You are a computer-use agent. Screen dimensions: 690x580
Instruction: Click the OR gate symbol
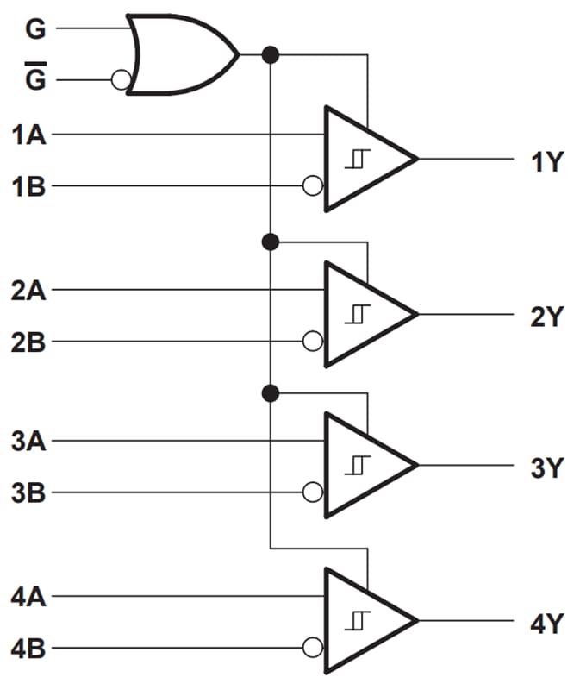coord(181,54)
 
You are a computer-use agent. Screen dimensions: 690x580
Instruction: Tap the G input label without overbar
coord(35,30)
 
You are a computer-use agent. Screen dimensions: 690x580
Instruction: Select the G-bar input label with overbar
coord(35,78)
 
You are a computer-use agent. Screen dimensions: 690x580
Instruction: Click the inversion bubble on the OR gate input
coord(121,80)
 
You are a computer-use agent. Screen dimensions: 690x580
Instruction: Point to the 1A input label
coord(29,135)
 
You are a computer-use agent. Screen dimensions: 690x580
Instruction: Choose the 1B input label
coord(29,186)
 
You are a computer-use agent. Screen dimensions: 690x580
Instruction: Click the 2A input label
coord(29,290)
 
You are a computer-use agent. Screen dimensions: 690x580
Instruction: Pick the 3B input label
coord(29,493)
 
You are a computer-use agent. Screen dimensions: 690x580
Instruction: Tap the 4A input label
coord(29,596)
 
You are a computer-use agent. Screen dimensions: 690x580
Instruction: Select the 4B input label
coord(29,648)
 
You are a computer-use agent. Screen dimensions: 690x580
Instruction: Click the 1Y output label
coord(546,160)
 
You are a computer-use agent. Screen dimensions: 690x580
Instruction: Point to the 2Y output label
coord(546,316)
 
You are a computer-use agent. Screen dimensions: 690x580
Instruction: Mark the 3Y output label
coord(546,468)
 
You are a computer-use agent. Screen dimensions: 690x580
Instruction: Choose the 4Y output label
coord(546,622)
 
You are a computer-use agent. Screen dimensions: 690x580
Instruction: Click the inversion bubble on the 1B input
coord(313,185)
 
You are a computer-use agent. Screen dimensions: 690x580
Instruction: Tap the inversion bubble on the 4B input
coord(313,648)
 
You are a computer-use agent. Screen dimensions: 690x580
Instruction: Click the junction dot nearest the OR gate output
coord(271,55)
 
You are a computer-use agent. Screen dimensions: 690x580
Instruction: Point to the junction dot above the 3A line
coord(271,394)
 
